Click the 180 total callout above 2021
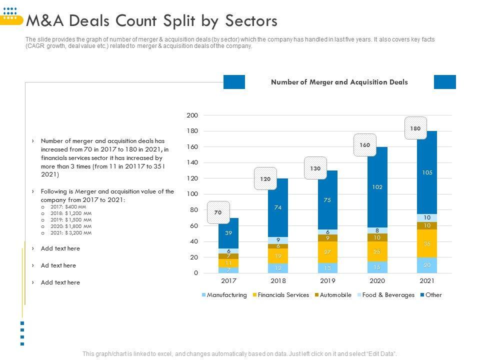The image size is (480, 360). [415, 128]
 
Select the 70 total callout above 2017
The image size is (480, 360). [218, 212]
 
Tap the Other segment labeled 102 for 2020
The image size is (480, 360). [377, 187]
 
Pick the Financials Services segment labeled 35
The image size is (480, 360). [426, 243]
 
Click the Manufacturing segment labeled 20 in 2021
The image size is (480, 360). [426, 265]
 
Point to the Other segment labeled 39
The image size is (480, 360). [228, 233]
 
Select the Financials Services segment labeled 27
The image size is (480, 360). [327, 252]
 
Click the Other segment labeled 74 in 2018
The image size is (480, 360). [278, 207]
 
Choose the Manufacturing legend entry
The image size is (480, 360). [224, 295]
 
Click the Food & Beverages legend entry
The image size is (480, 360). [385, 295]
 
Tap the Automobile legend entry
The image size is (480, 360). [332, 295]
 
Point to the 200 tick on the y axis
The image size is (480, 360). [192, 115]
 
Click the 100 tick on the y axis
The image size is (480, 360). [192, 194]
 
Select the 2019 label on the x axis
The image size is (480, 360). [327, 281]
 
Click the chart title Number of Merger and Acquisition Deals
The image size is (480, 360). [339, 82]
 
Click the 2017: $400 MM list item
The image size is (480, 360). [68, 206]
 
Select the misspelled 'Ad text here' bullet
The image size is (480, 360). [58, 265]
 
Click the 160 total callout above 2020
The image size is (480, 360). [365, 145]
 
